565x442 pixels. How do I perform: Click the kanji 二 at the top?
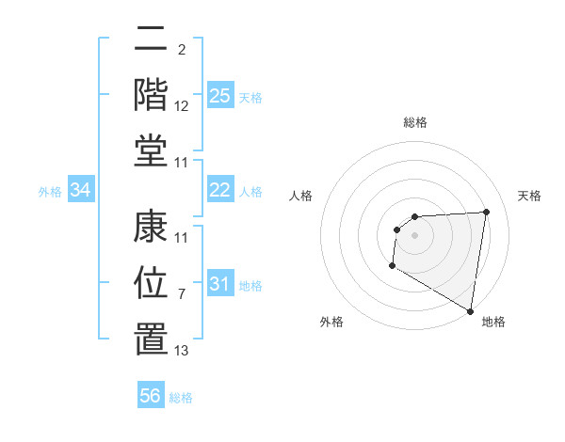tap(151, 42)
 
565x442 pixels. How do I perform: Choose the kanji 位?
tap(151, 281)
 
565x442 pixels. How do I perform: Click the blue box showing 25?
tap(219, 95)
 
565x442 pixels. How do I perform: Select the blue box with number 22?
tap(219, 190)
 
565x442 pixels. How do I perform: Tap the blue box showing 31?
tap(219, 284)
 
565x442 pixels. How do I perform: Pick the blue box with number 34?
tap(81, 190)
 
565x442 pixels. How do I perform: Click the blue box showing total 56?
tap(151, 396)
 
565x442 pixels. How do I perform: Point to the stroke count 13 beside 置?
tap(182, 351)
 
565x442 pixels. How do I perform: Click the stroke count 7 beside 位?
tap(181, 294)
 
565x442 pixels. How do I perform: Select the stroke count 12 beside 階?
tap(182, 106)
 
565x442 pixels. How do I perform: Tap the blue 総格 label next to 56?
tap(181, 398)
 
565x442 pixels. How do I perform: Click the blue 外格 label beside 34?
tap(50, 192)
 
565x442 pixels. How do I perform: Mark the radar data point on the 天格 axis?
tap(486, 212)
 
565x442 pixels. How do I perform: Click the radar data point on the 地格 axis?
tap(470, 310)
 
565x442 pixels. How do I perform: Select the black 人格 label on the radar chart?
tap(300, 196)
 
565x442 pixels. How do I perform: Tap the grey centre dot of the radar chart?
tap(414, 235)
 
